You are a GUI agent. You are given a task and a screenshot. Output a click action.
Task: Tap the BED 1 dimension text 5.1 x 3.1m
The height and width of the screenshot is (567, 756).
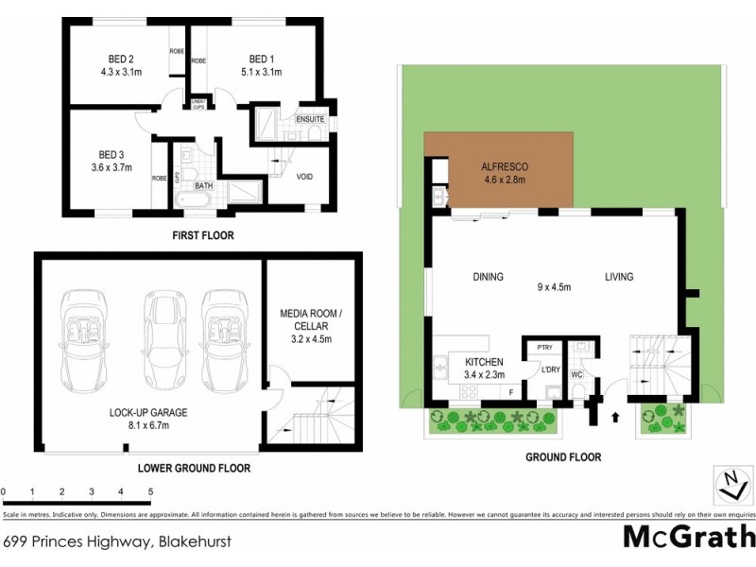260,70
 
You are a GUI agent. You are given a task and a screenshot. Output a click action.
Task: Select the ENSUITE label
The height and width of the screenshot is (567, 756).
310,120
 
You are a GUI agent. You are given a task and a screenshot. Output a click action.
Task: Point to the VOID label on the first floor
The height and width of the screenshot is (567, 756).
304,177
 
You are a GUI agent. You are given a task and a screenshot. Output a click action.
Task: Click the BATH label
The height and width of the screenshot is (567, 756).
203,186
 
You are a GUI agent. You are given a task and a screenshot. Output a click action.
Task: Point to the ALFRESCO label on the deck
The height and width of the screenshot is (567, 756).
505,166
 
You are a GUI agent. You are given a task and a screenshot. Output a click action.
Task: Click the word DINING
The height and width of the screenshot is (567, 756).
488,277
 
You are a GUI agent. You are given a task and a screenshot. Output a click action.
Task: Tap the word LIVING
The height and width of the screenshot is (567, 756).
620,277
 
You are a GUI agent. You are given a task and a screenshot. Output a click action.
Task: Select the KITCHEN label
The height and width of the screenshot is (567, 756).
483,362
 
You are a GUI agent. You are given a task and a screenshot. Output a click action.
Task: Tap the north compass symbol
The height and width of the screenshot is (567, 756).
727,485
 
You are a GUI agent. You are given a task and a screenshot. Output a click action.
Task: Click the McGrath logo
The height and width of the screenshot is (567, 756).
689,537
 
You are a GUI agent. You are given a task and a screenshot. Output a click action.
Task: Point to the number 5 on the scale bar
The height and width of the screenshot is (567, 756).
150,492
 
